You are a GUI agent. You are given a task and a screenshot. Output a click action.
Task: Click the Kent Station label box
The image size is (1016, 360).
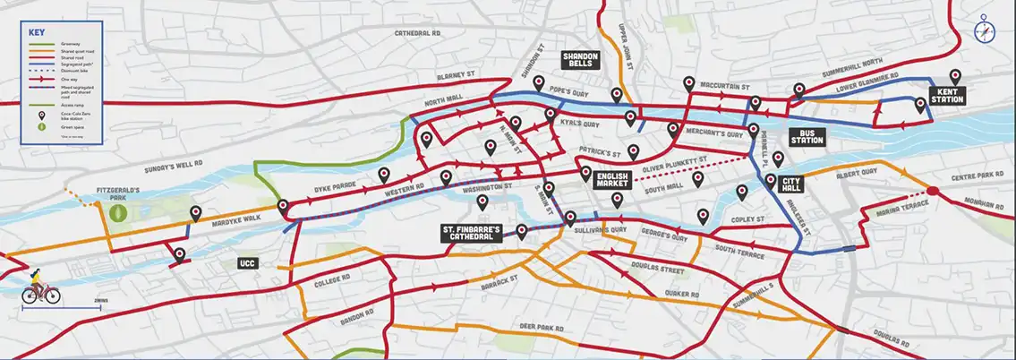[946, 95]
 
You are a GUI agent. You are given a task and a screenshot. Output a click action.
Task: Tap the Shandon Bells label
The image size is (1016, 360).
[579, 60]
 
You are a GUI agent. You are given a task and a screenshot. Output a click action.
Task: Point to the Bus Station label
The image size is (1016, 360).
[806, 137]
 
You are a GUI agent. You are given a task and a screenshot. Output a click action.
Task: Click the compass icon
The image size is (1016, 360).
[985, 30]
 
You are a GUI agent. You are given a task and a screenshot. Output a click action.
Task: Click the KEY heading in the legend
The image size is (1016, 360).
[37, 32]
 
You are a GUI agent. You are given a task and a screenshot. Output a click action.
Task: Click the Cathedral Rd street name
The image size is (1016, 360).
[419, 33]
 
